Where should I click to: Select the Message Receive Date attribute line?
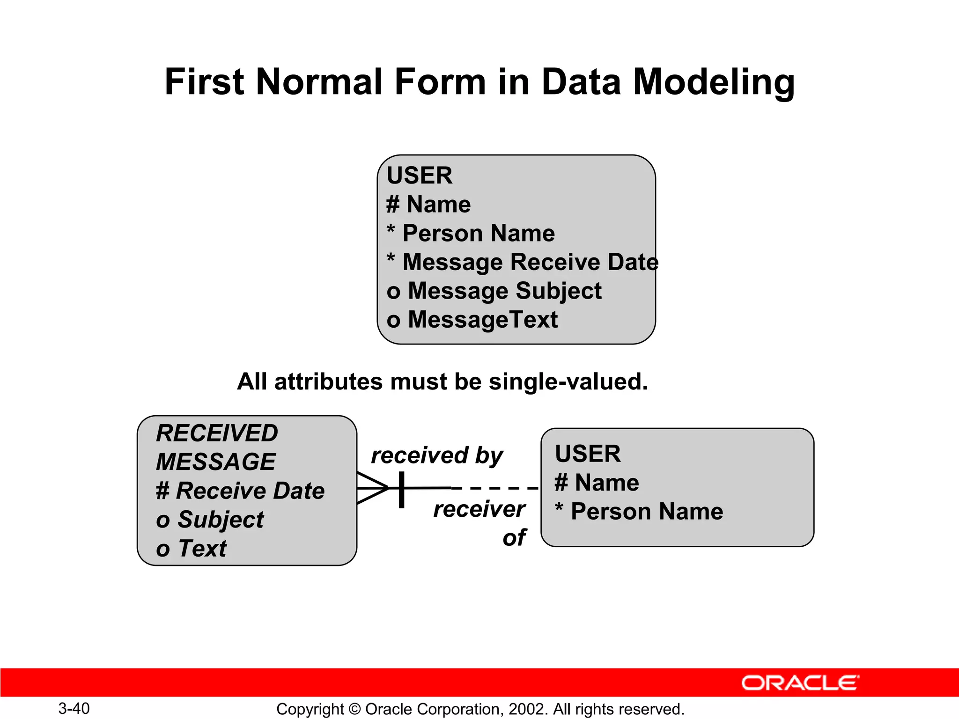pyautogui.click(x=522, y=262)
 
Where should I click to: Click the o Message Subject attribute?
pyautogui.click(x=494, y=291)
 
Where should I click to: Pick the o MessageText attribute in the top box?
pyautogui.click(x=472, y=320)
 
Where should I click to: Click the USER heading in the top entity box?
pyautogui.click(x=420, y=176)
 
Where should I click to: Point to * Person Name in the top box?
pyautogui.click(x=471, y=233)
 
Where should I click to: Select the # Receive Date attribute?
pyautogui.click(x=240, y=491)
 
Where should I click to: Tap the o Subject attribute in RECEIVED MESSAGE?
pyautogui.click(x=210, y=520)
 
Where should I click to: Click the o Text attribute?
pyautogui.click(x=191, y=548)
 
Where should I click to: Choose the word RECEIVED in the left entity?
pyautogui.click(x=217, y=433)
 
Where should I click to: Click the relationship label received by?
pyautogui.click(x=436, y=455)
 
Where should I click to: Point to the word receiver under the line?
pyautogui.click(x=479, y=509)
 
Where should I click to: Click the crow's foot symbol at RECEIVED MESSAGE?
pyautogui.click(x=372, y=488)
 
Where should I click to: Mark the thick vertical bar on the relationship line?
pyautogui.click(x=401, y=489)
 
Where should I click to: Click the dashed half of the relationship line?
pyautogui.click(x=494, y=488)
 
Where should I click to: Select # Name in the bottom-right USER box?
pyautogui.click(x=597, y=482)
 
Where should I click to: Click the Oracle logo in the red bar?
pyautogui.click(x=800, y=683)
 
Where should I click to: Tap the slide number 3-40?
pyautogui.click(x=74, y=708)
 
